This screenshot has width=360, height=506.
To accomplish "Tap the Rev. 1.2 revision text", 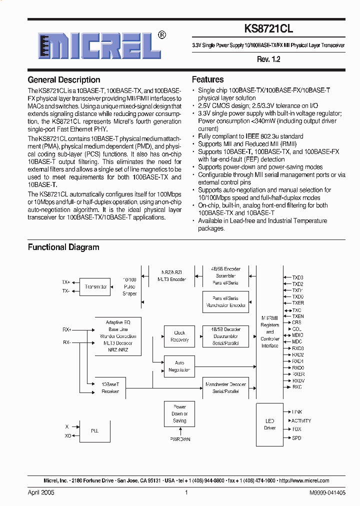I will (x=268, y=59).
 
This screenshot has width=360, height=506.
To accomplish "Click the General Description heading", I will (x=64, y=80).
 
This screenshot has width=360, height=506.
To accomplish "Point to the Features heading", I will (x=207, y=79).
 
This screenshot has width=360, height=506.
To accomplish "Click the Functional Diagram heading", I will (x=63, y=247).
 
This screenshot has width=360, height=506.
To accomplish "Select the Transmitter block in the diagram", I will (x=96, y=286).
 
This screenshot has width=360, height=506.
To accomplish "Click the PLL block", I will (x=94, y=430).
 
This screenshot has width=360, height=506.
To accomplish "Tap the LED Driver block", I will (x=269, y=424).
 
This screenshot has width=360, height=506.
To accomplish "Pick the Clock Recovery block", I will (x=179, y=336).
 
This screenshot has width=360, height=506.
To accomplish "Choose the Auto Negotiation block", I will (x=179, y=366).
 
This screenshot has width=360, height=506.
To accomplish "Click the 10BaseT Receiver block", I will (x=110, y=387).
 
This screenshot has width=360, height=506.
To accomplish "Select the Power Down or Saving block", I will (x=179, y=413).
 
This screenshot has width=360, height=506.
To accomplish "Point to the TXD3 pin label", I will (x=298, y=277).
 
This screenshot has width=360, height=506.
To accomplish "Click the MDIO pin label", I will (x=297, y=335).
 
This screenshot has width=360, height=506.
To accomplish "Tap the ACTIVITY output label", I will (x=301, y=421).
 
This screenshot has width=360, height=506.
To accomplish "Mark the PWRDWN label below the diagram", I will (x=179, y=439).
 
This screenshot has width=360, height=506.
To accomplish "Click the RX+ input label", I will (x=66, y=329).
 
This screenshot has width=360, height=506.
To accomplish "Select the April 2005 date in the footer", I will (x=41, y=492).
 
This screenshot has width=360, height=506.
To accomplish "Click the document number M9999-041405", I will (x=312, y=492).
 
